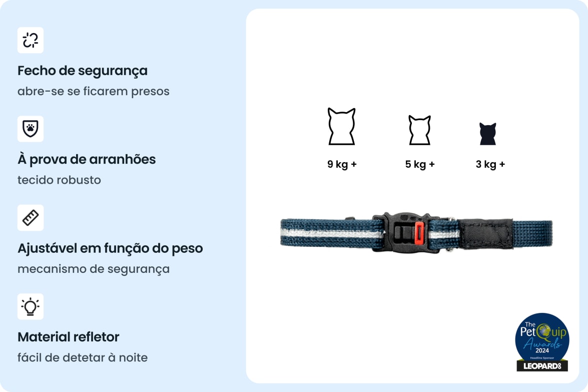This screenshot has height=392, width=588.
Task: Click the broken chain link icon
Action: pos(31,40)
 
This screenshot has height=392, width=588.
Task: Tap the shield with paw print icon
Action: pos(31,129)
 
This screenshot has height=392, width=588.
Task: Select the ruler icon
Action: pos(31,218)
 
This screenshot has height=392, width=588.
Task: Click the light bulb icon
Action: pos(31,306)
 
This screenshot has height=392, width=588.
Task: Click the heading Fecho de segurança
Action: pos(83,71)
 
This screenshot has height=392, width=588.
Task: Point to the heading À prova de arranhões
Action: pos(87,159)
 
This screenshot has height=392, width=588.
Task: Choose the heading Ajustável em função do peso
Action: pos(110,248)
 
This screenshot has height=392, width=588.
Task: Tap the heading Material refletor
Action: pos(68,337)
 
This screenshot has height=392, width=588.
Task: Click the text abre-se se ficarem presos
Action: pos(94,91)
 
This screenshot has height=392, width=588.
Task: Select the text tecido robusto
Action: pos(59,180)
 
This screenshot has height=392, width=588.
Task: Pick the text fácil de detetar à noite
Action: pos(83,357)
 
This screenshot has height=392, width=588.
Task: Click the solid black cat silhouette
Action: pos(488,134)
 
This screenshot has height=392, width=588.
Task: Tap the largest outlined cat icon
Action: pos(342,127)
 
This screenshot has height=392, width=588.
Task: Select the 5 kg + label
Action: pos(420,164)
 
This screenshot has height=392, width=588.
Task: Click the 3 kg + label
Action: pos(490,164)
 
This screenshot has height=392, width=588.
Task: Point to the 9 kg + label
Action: pos(342,164)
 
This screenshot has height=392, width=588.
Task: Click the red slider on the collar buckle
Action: pos(419,233)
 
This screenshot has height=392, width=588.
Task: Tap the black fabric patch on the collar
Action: pos(485,234)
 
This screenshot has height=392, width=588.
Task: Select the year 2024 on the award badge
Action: pos(542,350)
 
